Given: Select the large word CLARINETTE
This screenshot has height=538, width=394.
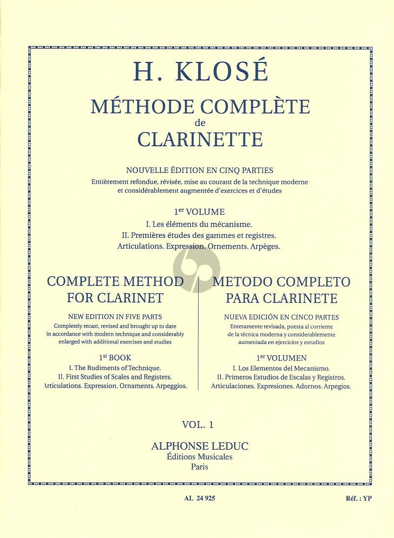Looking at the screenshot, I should [200, 139].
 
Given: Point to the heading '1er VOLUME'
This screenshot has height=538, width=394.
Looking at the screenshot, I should [199, 212].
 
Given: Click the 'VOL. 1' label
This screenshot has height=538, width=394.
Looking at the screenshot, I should [198, 424].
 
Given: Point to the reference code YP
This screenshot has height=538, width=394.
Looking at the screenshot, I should [367, 498].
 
